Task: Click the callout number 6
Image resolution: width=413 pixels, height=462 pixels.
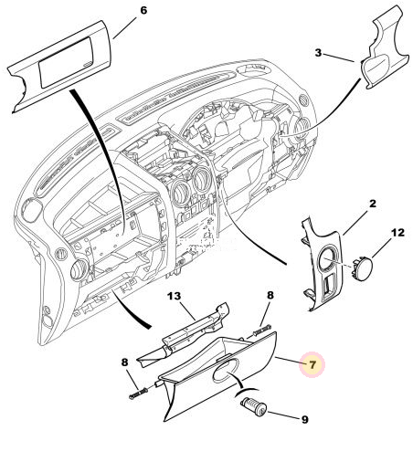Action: click(143, 11)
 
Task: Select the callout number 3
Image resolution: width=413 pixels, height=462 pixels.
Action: click(318, 53)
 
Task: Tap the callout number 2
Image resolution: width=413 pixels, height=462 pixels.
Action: click(373, 204)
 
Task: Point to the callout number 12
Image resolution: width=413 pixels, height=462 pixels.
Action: click(397, 233)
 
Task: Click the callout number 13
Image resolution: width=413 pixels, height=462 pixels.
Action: click(175, 296)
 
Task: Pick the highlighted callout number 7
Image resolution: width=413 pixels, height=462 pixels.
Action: click(312, 364)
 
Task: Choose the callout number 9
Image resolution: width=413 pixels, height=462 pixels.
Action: click(305, 420)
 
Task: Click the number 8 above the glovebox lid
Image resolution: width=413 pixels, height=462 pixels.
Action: click(270, 295)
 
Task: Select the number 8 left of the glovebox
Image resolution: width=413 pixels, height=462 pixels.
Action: click(124, 362)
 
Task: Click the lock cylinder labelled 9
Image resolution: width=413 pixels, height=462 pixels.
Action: click(254, 407)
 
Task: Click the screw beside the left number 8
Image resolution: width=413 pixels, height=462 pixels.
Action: click(139, 394)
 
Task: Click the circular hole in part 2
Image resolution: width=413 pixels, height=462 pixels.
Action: click(328, 259)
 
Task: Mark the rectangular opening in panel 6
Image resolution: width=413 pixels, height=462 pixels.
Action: click(65, 62)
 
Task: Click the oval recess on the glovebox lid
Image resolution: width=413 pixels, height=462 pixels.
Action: click(226, 369)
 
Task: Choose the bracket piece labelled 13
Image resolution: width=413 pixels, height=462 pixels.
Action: click(185, 336)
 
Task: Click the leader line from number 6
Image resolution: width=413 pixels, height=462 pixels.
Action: click(124, 27)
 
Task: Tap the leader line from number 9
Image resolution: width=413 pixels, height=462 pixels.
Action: click(283, 415)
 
